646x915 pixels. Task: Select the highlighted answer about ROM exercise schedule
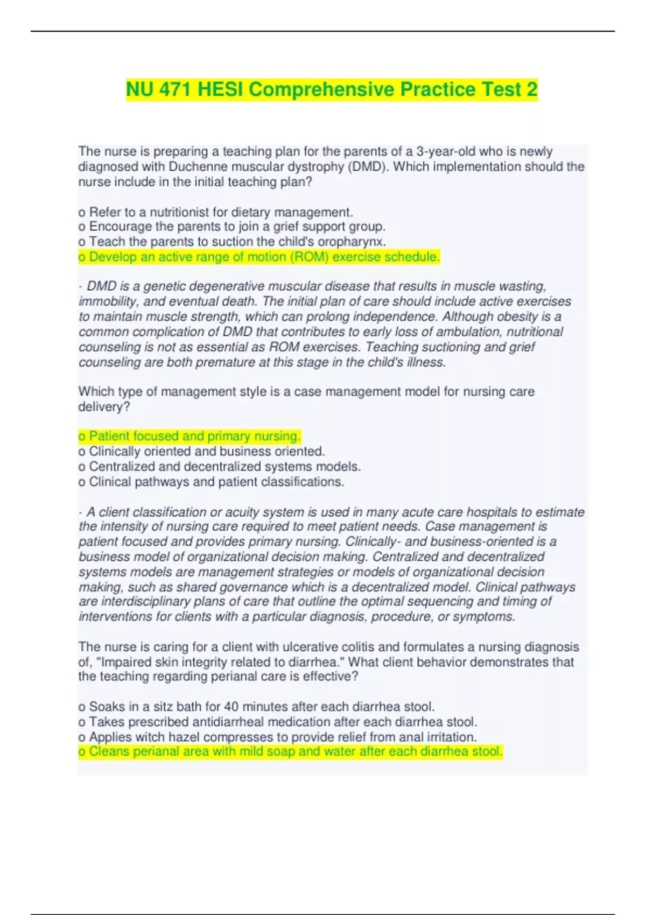[x=259, y=257]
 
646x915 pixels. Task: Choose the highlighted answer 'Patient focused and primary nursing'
[x=189, y=436]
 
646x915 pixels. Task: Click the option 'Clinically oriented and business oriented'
[x=201, y=451]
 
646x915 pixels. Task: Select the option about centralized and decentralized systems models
[x=219, y=466]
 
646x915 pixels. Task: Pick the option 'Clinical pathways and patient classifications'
[x=211, y=482]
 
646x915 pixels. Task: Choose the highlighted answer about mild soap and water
[x=290, y=751]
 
